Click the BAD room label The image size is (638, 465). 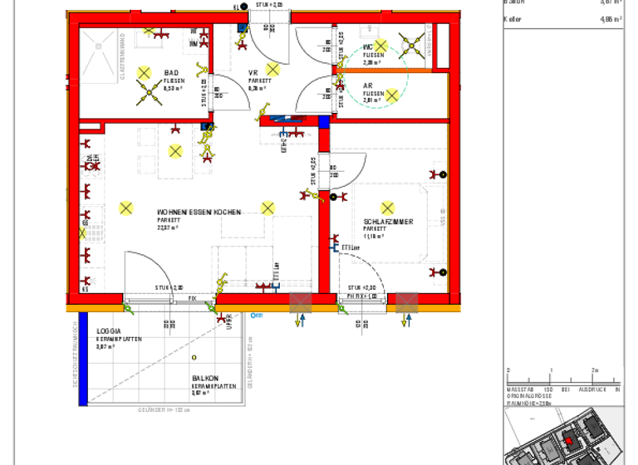point(171,72)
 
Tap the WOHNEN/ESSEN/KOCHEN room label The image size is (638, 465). point(199,213)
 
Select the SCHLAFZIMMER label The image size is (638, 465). point(388,222)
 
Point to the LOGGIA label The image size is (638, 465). point(109,331)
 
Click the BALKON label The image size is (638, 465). point(206,378)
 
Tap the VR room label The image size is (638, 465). point(253,72)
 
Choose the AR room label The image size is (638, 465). point(368,86)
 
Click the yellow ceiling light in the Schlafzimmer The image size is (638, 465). point(387,208)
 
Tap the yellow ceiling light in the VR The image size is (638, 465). point(272,69)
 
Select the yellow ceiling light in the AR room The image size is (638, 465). point(391,95)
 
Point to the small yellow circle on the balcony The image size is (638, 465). point(194,357)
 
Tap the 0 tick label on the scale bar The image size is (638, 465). point(508,370)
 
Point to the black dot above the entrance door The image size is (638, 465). point(243,7)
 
